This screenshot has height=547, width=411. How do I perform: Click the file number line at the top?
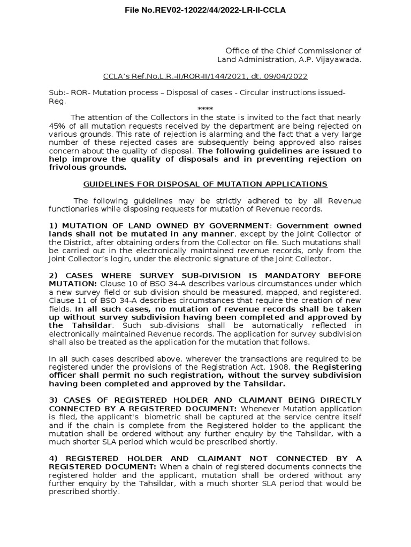(205, 10)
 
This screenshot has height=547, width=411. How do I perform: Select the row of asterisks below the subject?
(205, 109)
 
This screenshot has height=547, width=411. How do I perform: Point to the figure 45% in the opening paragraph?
(57, 126)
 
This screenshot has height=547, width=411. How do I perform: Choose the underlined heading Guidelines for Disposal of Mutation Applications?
(205, 184)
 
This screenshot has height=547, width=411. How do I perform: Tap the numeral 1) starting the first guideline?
(53, 225)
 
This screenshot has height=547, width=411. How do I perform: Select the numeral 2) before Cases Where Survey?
(53, 276)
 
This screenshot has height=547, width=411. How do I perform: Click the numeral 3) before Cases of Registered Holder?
(53, 400)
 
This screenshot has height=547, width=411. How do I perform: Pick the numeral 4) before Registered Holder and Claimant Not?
(53, 458)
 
